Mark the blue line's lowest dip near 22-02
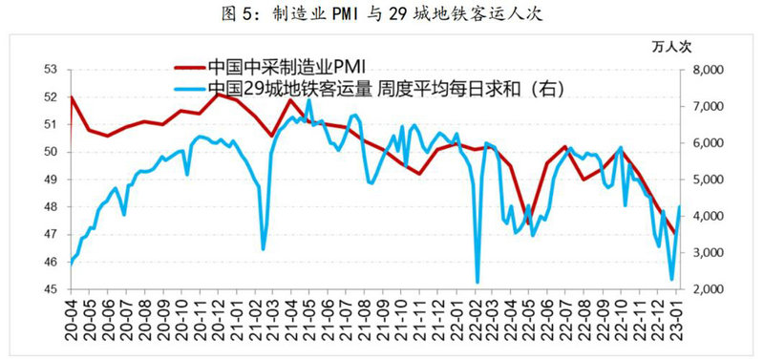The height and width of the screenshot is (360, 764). click(477, 282)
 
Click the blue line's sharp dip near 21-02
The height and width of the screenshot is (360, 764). click(264, 248)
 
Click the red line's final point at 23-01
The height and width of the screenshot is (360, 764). click(675, 233)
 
